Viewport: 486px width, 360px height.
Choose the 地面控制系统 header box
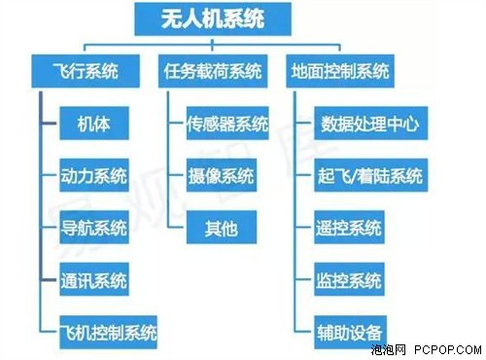[340, 71]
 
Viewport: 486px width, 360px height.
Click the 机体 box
[94, 124]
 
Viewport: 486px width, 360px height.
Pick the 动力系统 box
[94, 177]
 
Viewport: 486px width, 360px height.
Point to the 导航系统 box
[94, 230]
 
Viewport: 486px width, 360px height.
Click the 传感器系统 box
[226, 124]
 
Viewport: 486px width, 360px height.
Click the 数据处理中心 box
[369, 124]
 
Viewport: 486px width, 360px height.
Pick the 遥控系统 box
[349, 230]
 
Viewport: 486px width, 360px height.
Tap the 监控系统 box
[349, 281]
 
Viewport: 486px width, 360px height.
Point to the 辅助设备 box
[349, 328]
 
